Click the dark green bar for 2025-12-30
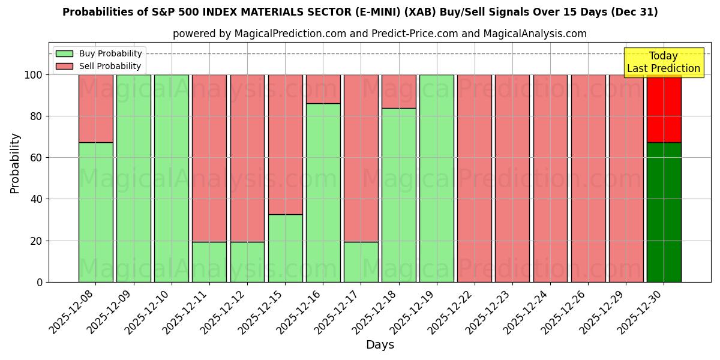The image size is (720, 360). coord(664,212)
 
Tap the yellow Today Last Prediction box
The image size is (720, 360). coord(663,62)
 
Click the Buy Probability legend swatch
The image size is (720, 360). coord(64,53)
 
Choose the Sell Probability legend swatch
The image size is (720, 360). coord(64,66)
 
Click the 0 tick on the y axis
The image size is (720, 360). coord(40,282)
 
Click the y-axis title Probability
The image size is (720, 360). coord(15,163)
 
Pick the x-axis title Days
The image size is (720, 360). coord(380,345)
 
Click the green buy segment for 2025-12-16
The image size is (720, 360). coord(323,192)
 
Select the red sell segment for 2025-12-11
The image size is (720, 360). coord(209,158)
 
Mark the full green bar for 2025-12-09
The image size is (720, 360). coord(133,178)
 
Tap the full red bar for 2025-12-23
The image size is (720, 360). coord(512,178)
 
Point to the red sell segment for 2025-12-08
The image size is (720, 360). coord(95,108)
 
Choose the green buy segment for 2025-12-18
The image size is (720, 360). coord(398,195)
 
